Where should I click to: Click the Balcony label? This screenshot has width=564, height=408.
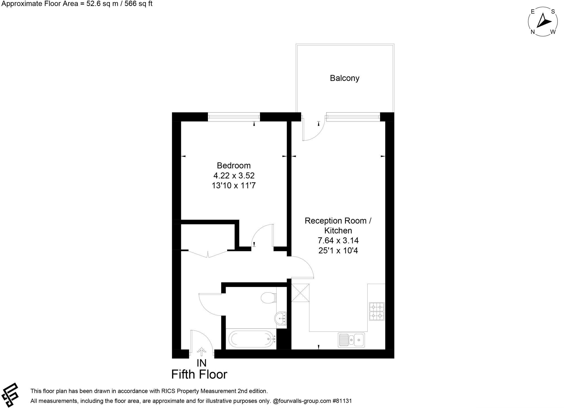tap(345, 78)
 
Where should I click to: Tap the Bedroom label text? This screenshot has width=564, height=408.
tap(234, 165)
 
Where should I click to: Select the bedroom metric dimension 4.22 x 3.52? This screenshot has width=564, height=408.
tap(234, 175)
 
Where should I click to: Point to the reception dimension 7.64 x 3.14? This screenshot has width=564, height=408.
tap(338, 240)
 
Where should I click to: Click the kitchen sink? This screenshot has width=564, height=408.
tap(351, 340)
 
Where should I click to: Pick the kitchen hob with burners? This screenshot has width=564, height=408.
tap(377, 311)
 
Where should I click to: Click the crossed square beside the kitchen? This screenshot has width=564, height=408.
tap(300, 293)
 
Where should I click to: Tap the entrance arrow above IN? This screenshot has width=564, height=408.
tap(202, 352)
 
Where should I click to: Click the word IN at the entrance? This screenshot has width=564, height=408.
tap(202, 363)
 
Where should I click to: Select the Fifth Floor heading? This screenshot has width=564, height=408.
tap(199, 374)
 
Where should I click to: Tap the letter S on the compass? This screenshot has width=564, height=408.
tap(553, 12)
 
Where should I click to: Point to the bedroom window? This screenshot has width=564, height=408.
tap(234, 117)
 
